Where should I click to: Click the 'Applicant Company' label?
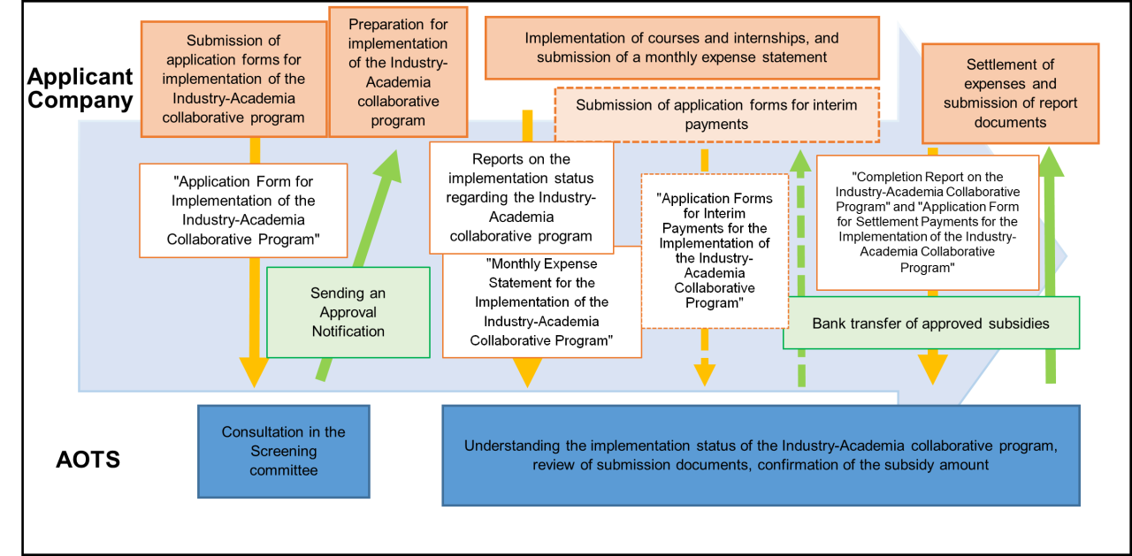click(80, 88)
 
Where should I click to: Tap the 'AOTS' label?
click(88, 460)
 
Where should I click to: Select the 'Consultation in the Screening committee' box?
click(283, 451)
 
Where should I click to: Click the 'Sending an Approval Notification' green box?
click(348, 312)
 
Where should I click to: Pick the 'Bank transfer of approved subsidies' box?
click(930, 323)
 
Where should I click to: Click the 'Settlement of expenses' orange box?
click(1010, 93)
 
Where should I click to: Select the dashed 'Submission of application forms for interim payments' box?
click(716, 115)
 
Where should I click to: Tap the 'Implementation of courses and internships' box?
click(682, 48)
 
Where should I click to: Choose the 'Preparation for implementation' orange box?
click(398, 72)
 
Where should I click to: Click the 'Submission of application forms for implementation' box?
click(233, 78)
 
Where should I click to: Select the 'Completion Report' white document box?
click(927, 223)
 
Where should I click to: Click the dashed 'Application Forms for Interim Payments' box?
click(714, 250)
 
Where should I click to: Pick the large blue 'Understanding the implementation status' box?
click(761, 455)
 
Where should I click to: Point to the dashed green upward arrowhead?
click(800, 161)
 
